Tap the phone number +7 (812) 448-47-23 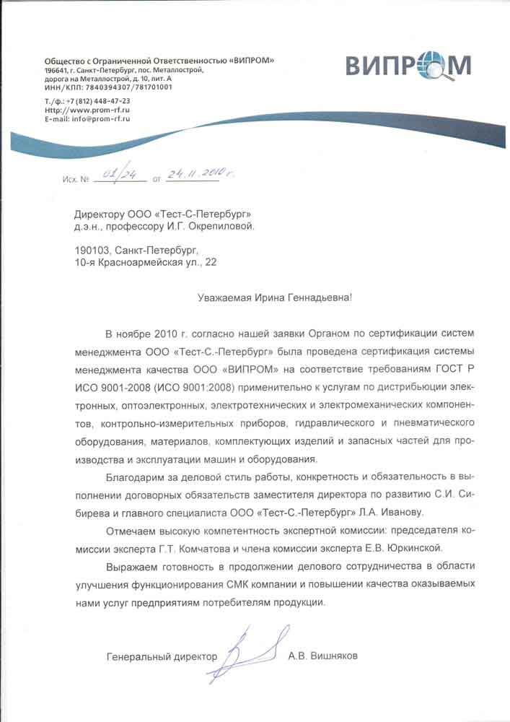[98, 100]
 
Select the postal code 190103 [91, 251]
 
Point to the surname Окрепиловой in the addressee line [224, 227]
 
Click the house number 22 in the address [211, 264]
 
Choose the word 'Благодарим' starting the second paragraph [134, 477]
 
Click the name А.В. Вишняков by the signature [322, 656]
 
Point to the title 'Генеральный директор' [161, 657]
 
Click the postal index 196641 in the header [58, 70]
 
